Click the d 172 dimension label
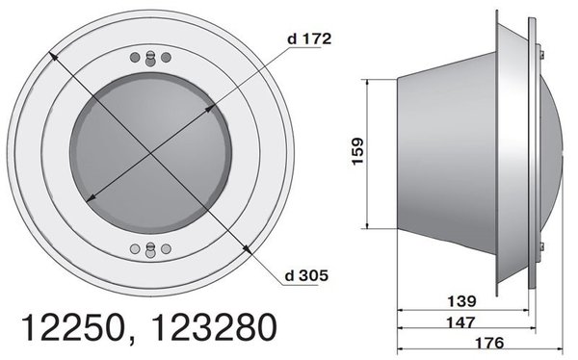click(x=309, y=39)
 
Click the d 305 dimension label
click(x=306, y=275)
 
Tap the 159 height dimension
click(x=357, y=151)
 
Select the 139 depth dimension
click(x=461, y=301)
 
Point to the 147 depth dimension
click(x=460, y=322)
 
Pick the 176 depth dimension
click(x=489, y=343)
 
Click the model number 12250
click(x=72, y=327)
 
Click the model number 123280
click(x=215, y=327)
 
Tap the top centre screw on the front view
click(x=150, y=59)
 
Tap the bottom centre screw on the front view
click(x=150, y=249)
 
